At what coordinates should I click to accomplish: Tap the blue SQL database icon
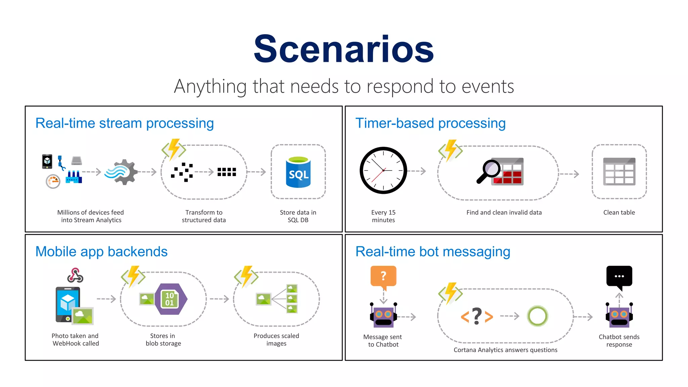point(298,172)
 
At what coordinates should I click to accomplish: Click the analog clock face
point(383,170)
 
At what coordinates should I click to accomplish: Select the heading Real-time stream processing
point(125,123)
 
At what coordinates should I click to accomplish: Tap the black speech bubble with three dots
point(619,277)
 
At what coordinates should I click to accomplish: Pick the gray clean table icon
point(619,171)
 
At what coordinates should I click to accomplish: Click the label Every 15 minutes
point(383,216)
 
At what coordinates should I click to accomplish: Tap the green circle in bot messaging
point(537,316)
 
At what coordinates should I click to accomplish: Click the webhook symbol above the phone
point(75,275)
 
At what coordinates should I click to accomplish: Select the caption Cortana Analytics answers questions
point(505,350)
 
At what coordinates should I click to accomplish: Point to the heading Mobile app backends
point(101,252)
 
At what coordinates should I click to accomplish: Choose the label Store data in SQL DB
point(298,216)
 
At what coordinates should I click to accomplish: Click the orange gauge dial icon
point(53,181)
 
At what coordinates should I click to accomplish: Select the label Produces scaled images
point(276,340)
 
